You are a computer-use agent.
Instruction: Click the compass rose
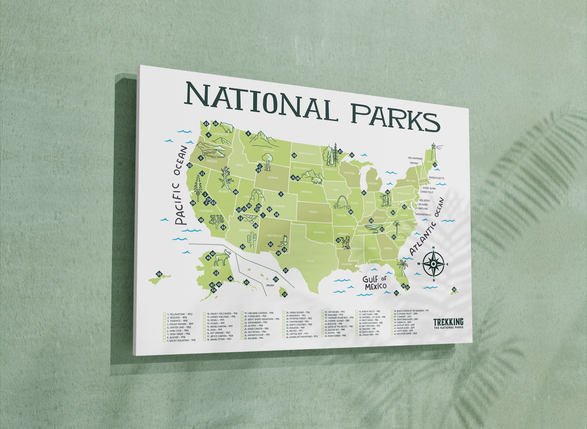(433, 264)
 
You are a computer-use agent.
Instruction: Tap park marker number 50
(159, 274)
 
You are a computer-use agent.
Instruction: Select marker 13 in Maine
(435, 165)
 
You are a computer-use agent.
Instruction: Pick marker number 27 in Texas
(286, 271)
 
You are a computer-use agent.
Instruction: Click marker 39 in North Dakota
(294, 155)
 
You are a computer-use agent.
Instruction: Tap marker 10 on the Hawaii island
(284, 294)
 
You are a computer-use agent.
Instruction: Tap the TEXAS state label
(310, 261)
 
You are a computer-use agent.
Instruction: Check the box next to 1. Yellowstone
(165, 314)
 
